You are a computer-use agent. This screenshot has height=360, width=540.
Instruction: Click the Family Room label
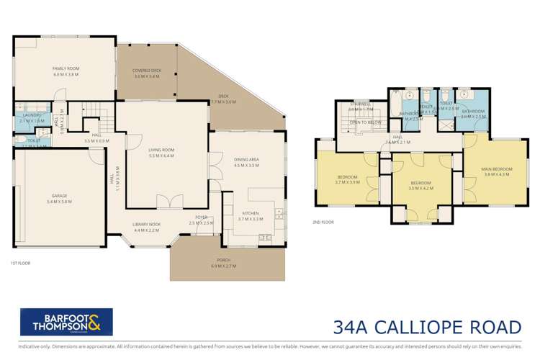point(65,71)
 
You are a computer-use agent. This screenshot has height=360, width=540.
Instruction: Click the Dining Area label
point(246,162)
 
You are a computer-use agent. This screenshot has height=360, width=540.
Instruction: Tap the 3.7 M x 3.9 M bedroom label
point(348,179)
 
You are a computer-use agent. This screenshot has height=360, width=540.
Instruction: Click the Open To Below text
point(366,122)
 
